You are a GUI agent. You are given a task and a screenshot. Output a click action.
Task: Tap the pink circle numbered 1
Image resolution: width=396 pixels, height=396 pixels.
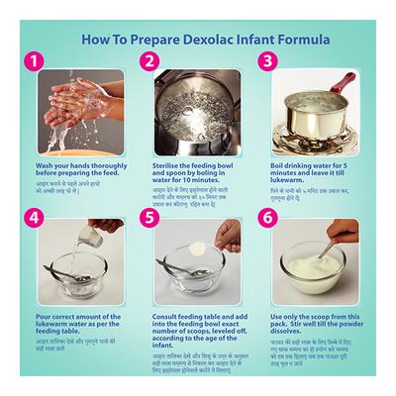(36, 61)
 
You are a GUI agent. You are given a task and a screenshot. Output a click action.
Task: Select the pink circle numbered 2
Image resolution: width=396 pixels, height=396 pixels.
(149, 61)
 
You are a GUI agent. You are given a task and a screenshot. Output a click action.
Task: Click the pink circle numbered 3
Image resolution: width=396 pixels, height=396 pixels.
(265, 61)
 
